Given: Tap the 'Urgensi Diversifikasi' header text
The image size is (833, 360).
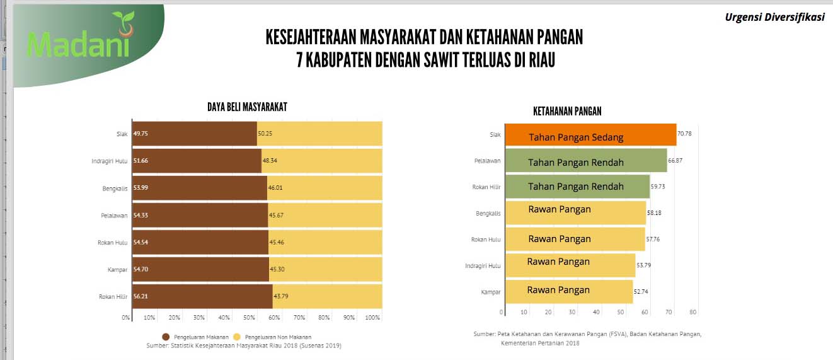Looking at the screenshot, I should (x=774, y=18).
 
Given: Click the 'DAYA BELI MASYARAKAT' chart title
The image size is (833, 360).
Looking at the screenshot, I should (x=247, y=107).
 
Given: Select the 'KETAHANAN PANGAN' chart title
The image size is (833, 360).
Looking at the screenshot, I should (x=567, y=112).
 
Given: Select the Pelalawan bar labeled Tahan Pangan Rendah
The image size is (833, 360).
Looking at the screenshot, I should (x=587, y=161).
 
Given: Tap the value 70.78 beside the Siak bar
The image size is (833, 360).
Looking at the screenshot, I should (x=685, y=134).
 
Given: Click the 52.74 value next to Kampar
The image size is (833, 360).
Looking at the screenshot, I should (x=644, y=292).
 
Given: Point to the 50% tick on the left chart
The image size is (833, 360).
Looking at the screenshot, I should (x=249, y=317).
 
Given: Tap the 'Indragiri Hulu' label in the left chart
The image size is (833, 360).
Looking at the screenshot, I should (x=109, y=161).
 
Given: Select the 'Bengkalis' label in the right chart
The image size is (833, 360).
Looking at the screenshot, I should (x=488, y=214).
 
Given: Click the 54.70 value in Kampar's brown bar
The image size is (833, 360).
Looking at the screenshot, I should (x=141, y=269).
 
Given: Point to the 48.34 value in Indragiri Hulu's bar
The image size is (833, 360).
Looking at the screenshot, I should (x=270, y=161).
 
